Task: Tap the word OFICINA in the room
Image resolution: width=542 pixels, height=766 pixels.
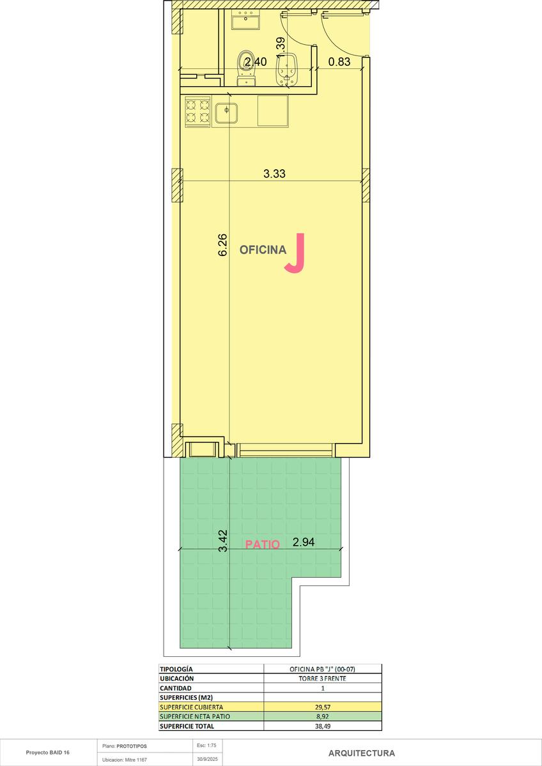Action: click(263, 250)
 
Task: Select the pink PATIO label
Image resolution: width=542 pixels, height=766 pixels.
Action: click(263, 544)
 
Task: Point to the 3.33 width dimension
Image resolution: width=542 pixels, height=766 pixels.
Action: click(274, 174)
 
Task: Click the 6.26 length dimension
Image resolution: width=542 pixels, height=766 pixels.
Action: click(222, 245)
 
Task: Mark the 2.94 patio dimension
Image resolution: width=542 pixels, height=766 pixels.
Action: click(304, 542)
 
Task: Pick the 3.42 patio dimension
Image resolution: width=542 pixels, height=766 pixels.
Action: click(223, 541)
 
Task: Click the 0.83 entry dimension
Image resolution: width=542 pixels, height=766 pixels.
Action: click(339, 61)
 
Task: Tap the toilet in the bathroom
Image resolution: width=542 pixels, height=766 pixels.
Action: click(246, 68)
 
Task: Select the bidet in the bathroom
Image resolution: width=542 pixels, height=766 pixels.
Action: click(287, 70)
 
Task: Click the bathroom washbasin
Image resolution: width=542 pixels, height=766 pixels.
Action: click(245, 20)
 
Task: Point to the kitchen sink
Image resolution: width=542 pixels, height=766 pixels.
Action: click(226, 113)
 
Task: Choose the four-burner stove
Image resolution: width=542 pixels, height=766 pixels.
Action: click(198, 112)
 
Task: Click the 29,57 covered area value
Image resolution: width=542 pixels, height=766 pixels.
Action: click(323, 707)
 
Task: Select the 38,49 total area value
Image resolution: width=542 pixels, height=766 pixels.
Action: click(323, 726)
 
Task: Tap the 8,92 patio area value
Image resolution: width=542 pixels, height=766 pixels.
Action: click(323, 716)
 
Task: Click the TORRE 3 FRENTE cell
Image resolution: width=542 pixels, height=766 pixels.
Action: click(322, 679)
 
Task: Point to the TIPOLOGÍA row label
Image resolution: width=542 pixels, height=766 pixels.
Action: click(176, 669)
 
